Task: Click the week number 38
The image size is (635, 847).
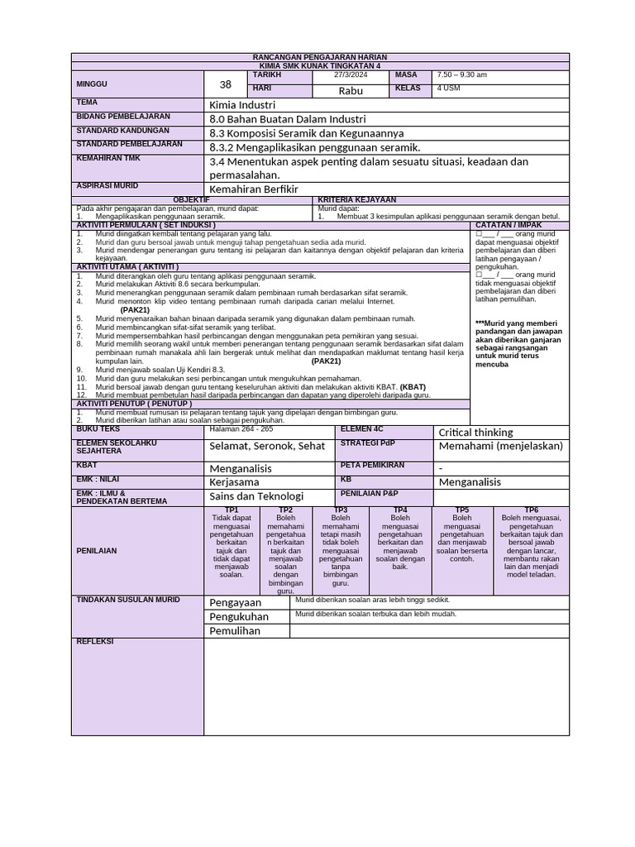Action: coord(226,85)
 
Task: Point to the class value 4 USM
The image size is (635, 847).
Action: coord(448,89)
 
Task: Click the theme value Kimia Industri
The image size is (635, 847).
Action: coord(242,105)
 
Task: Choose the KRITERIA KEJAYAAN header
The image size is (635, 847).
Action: coord(357,200)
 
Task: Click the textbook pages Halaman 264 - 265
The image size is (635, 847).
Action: coord(241,429)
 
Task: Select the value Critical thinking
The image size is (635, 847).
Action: coord(475,433)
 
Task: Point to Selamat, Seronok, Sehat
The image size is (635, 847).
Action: coord(267,446)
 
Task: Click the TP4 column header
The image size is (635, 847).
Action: coord(400,510)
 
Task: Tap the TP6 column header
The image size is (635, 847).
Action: coord(531,510)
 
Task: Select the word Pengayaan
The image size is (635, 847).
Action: coord(235,603)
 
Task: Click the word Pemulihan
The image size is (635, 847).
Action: coord(235,631)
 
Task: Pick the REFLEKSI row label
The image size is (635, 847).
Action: coord(94,642)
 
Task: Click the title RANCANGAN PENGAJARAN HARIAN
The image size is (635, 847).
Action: coord(319,57)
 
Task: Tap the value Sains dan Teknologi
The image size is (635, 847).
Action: coord(256,496)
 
